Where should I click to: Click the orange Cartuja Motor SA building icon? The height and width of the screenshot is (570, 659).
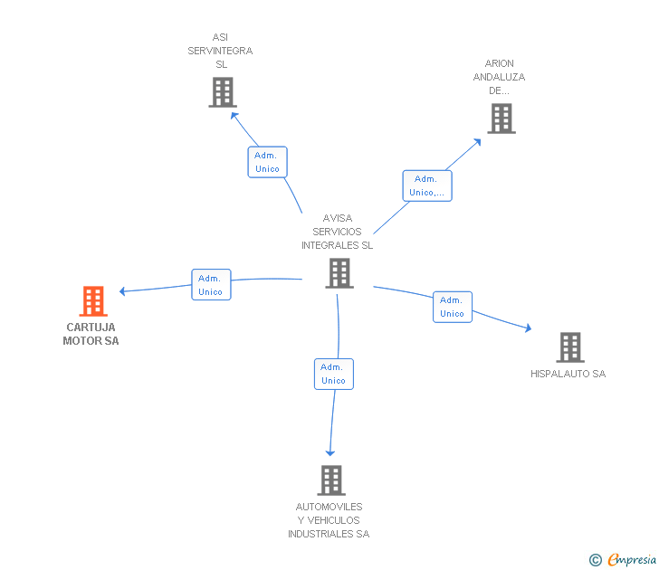93,300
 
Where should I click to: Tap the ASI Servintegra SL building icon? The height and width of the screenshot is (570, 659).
223,92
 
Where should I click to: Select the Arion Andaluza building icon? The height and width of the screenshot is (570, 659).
501,119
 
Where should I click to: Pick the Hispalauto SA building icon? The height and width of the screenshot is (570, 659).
570,347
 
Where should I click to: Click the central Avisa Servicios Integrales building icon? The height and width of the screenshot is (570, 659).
339,273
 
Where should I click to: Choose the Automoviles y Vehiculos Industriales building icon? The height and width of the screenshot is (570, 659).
331,480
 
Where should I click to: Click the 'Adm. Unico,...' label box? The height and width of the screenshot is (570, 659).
427,185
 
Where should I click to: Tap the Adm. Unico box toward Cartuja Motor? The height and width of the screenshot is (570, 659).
211,284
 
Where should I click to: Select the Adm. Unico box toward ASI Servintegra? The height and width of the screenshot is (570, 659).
267,162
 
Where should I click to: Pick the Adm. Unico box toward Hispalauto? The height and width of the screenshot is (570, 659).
453,307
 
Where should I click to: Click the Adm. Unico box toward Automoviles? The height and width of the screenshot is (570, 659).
334,374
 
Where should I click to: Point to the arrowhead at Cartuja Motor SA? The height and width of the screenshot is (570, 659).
122,291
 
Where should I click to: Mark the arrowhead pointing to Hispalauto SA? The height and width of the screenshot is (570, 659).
529,328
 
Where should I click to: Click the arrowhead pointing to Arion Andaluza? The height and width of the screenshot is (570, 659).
477,142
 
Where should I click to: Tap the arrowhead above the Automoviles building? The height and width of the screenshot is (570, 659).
330,452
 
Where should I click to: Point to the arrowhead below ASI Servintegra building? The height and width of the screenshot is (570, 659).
234,115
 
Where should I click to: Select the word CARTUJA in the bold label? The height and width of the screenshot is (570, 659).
91,328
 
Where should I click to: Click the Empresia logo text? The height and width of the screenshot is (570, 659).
632,560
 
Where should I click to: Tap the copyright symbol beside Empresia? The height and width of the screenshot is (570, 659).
596,560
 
